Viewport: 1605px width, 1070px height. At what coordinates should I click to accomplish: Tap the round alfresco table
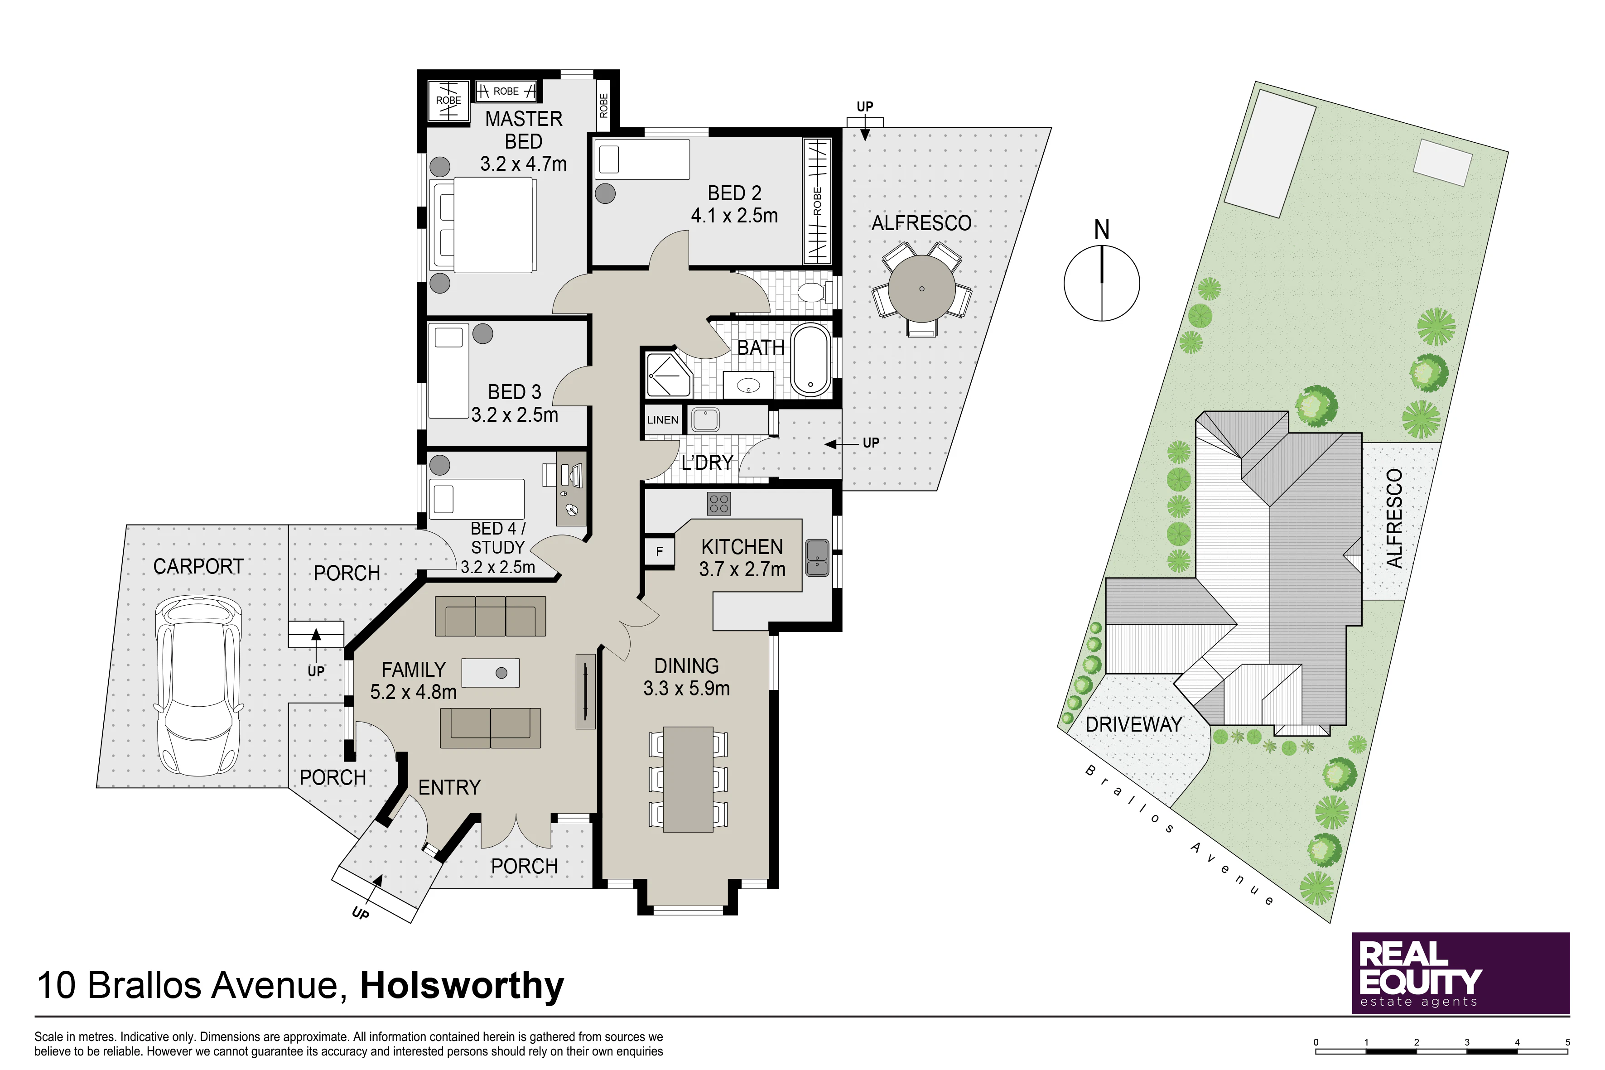921,289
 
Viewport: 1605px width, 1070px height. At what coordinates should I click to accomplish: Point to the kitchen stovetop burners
719,504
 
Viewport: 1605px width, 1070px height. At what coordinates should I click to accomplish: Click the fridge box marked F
659,551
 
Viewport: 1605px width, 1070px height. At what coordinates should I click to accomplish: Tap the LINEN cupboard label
663,419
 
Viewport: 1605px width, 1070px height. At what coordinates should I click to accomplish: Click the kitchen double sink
817,558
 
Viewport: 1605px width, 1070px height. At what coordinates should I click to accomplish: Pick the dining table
688,779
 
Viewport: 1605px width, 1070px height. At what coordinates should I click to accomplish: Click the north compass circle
1101,283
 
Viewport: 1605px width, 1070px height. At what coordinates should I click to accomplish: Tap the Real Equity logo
1460,973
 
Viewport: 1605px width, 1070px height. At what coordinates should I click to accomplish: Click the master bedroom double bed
482,225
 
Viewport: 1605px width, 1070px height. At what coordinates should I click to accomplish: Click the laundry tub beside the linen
705,419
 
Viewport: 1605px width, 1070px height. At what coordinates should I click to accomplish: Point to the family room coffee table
491,672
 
